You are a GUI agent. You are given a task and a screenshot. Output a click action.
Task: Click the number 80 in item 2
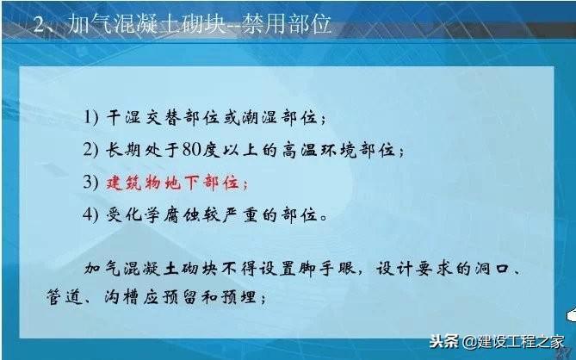coord(192,150)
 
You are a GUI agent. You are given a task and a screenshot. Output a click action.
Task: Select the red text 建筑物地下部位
coord(173,183)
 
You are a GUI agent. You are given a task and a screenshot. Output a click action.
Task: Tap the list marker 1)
coord(91,117)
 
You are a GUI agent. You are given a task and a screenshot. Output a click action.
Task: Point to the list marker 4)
coord(90,214)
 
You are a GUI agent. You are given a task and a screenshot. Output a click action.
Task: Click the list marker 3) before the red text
coord(90,183)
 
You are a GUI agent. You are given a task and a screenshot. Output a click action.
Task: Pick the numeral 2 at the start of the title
coord(39,25)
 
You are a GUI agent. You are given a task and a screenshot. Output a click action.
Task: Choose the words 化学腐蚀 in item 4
coord(163,215)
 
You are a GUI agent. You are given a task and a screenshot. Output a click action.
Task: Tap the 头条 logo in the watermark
coord(444,341)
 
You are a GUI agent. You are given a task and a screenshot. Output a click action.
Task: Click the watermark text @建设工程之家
coord(513,342)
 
